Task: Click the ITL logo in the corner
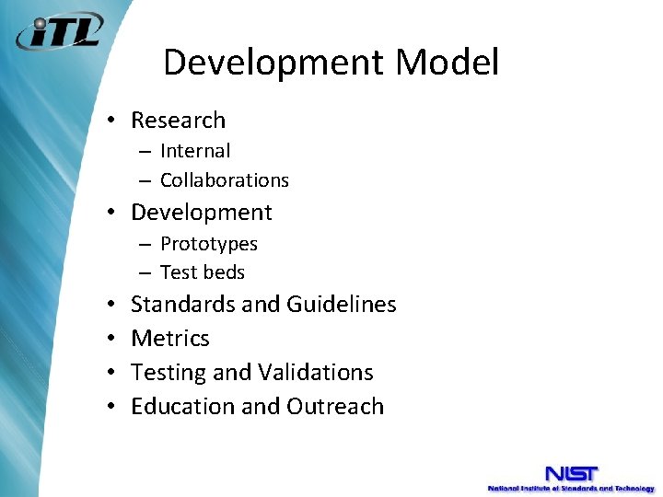point(58,33)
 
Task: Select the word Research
point(178,121)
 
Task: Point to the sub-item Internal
point(195,151)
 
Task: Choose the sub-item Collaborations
point(225,180)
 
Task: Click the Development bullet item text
point(202,213)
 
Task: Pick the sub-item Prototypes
point(209,244)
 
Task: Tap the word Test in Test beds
point(178,272)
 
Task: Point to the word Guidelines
point(342,305)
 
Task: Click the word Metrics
point(170,339)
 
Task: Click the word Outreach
point(335,407)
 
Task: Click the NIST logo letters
point(571,473)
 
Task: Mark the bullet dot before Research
point(110,121)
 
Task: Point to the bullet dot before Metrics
point(110,339)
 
